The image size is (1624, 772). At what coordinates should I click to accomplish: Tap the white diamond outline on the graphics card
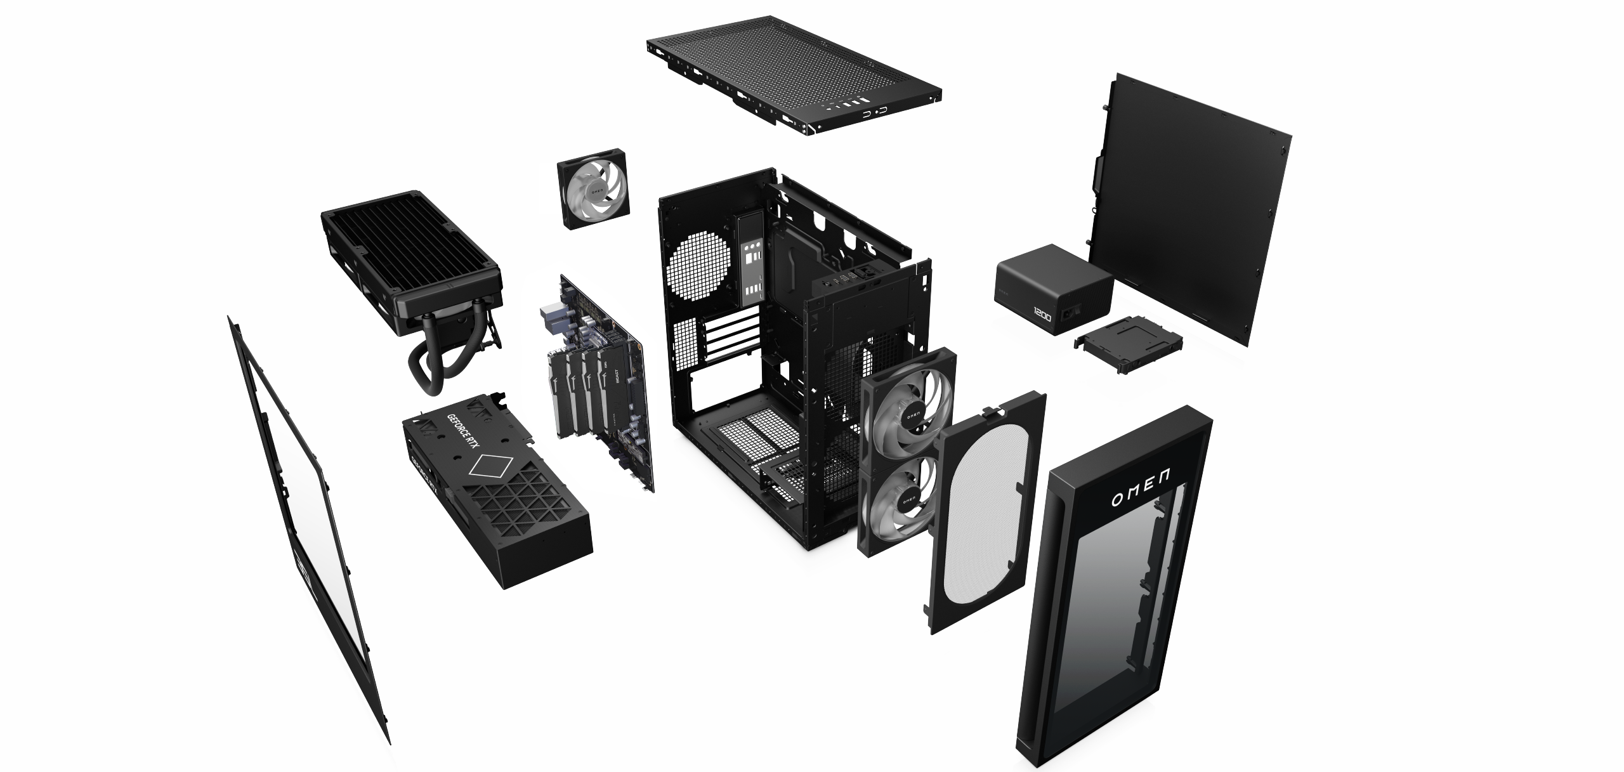pos(489,469)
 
